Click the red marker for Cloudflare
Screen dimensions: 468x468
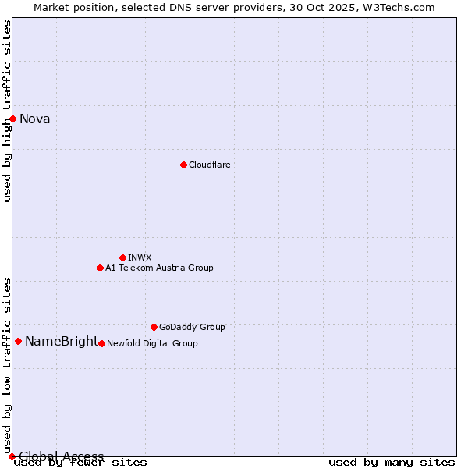183,165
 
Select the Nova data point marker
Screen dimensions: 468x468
12,119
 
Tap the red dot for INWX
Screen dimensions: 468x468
122,257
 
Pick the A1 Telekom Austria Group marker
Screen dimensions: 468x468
100,268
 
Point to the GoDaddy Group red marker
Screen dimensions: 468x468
154,327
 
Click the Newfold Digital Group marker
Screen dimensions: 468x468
101,343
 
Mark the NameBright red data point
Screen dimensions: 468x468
18,341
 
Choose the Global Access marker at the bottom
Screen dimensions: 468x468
12,456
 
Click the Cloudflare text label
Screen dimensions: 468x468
209,165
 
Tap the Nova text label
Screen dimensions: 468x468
35,119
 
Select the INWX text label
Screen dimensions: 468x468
140,257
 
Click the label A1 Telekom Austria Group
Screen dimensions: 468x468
159,268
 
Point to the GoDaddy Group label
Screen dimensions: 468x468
192,327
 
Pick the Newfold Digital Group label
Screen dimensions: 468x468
152,343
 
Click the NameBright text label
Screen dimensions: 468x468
62,342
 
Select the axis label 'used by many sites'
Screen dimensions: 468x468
392,463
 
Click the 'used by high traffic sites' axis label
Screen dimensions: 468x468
8,111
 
